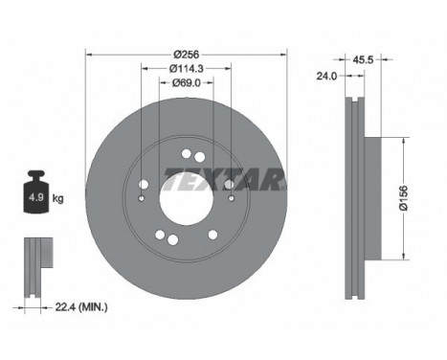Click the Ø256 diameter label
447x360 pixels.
point(186,53)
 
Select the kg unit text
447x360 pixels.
point(58,199)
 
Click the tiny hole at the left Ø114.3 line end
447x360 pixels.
point(142,199)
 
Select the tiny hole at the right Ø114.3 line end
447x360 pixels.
point(230,199)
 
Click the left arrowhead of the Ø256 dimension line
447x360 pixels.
point(89,53)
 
